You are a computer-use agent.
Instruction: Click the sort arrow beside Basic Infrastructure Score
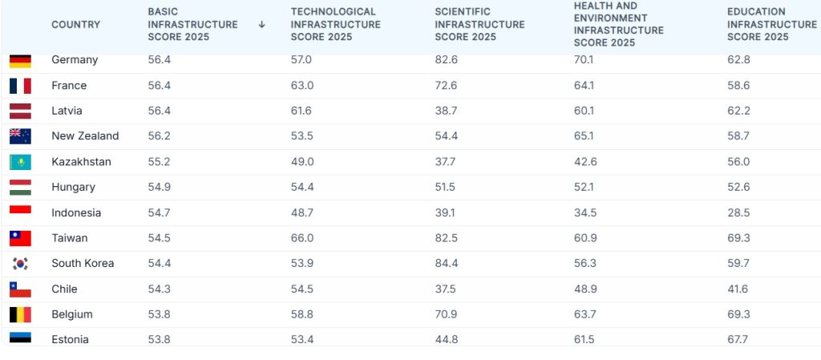(x=262, y=25)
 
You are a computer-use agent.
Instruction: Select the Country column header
(x=76, y=25)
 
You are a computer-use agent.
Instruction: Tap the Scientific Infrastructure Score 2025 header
(x=479, y=25)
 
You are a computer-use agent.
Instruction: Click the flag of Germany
(x=20, y=61)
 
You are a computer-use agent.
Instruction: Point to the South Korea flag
(x=20, y=264)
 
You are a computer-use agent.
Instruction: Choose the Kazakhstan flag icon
(x=20, y=162)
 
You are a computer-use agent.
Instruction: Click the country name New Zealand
(x=85, y=136)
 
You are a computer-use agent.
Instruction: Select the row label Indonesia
(x=76, y=213)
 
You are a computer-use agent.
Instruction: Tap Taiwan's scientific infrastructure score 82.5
(x=446, y=238)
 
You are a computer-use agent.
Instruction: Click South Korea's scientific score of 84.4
(x=446, y=263)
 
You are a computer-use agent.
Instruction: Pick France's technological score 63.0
(x=302, y=85)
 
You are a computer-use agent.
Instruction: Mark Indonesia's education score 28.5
(x=738, y=213)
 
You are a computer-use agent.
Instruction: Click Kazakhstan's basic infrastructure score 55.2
(x=159, y=162)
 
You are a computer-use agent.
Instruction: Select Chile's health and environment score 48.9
(x=584, y=289)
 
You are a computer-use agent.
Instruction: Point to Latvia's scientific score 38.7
(x=446, y=111)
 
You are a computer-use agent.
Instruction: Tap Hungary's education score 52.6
(x=738, y=188)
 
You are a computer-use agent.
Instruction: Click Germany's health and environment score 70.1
(x=584, y=59)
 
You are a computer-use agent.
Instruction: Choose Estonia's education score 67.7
(x=738, y=340)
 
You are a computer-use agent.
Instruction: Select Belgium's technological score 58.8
(x=302, y=314)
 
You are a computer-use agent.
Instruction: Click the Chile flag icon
(x=20, y=289)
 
